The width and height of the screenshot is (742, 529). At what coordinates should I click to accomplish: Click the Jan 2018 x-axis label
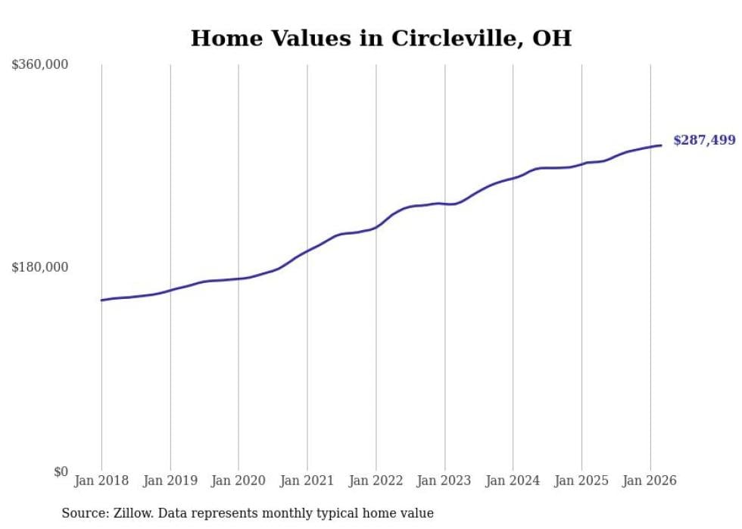pyautogui.click(x=101, y=481)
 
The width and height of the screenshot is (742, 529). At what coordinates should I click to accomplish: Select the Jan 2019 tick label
pyautogui.click(x=170, y=481)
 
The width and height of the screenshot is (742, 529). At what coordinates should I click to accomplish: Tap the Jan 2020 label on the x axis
pyautogui.click(x=238, y=481)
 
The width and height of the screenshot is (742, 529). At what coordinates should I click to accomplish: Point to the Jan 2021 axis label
pyautogui.click(x=307, y=481)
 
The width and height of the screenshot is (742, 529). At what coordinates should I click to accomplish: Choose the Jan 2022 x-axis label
pyautogui.click(x=376, y=481)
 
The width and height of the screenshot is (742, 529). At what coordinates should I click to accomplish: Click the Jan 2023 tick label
pyautogui.click(x=444, y=481)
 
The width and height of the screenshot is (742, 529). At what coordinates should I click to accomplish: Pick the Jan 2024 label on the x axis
pyautogui.click(x=513, y=481)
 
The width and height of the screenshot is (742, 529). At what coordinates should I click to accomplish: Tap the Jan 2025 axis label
pyautogui.click(x=581, y=481)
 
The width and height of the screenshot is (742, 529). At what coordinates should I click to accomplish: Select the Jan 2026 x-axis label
pyautogui.click(x=650, y=481)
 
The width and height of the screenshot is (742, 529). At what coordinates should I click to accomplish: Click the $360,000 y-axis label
pyautogui.click(x=40, y=65)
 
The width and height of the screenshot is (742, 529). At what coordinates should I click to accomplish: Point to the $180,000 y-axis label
pyautogui.click(x=40, y=267)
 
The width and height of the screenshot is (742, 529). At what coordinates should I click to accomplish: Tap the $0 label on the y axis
pyautogui.click(x=61, y=471)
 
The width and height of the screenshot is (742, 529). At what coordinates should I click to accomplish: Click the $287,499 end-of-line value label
pyautogui.click(x=704, y=140)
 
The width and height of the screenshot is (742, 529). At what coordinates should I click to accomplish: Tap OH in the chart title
pyautogui.click(x=552, y=39)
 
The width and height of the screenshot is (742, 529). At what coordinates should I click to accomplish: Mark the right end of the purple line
pyautogui.click(x=661, y=145)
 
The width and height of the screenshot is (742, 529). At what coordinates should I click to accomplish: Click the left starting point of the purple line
pyautogui.click(x=101, y=300)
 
